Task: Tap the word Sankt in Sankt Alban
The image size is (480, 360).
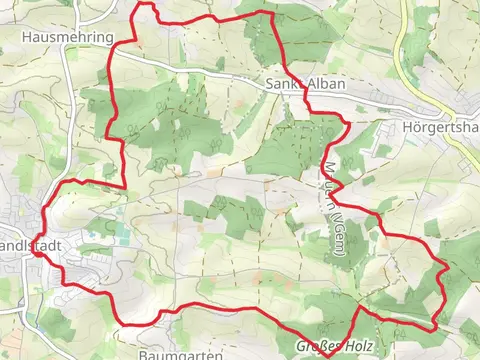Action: coord(286,84)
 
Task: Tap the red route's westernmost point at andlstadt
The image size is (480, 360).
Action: coord(34,252)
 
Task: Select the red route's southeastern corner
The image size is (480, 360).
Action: coord(434,328)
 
